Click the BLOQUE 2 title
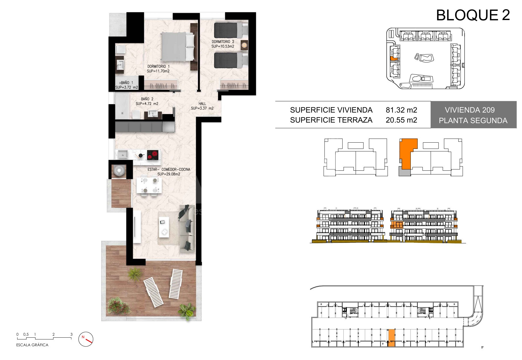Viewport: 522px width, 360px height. click(x=473, y=15)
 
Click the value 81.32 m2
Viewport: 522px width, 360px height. click(x=401, y=110)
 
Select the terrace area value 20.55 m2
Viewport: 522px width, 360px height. click(x=401, y=120)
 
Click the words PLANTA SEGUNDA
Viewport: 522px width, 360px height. click(x=473, y=121)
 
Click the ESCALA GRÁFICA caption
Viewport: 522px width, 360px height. click(x=32, y=345)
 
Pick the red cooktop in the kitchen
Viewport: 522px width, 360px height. click(x=153, y=155)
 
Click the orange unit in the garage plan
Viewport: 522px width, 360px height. click(x=391, y=338)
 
